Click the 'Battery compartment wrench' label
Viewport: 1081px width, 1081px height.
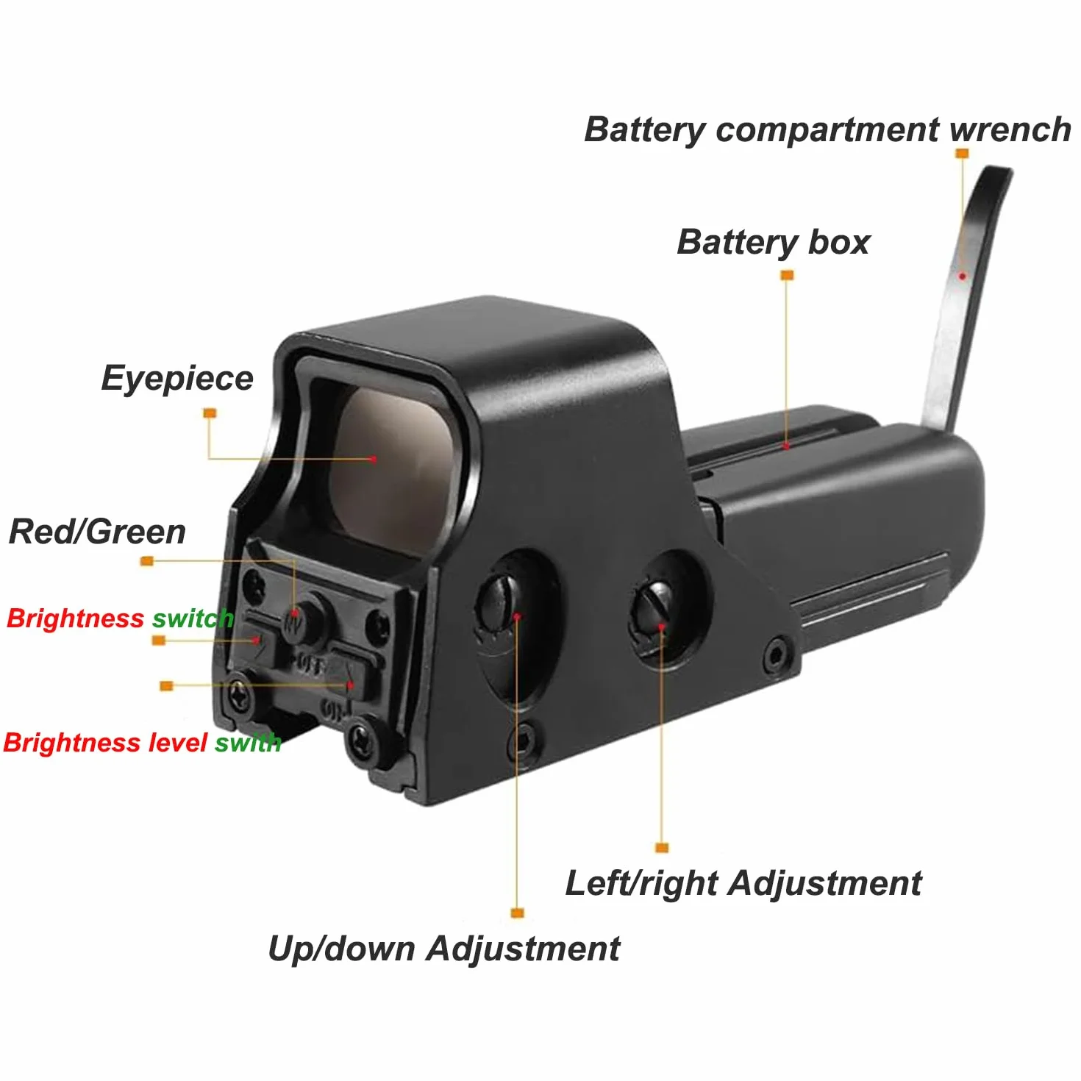827,129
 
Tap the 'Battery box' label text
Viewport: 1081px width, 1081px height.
773,243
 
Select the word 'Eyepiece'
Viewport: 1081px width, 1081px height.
177,379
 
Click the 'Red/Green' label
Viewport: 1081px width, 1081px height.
97,532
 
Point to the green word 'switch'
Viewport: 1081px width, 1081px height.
193,618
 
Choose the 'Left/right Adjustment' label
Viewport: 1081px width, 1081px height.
744,883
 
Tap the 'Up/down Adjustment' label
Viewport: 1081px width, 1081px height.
444,949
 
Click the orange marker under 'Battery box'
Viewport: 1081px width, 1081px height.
787,275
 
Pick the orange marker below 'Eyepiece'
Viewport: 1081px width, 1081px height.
210,413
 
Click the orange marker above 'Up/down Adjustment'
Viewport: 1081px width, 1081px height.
517,913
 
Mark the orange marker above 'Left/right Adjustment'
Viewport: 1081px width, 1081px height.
662,848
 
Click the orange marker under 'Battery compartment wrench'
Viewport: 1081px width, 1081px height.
962,153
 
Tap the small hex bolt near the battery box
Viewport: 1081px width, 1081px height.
777,654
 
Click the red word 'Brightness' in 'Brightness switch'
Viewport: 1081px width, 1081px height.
75,618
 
